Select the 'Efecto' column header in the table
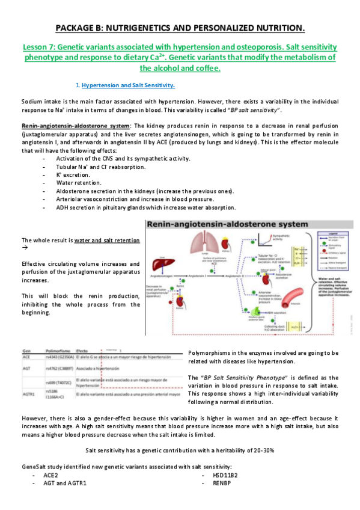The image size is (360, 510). [83, 350]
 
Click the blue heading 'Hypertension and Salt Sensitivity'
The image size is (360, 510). [128, 85]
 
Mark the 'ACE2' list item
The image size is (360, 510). [50, 475]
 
